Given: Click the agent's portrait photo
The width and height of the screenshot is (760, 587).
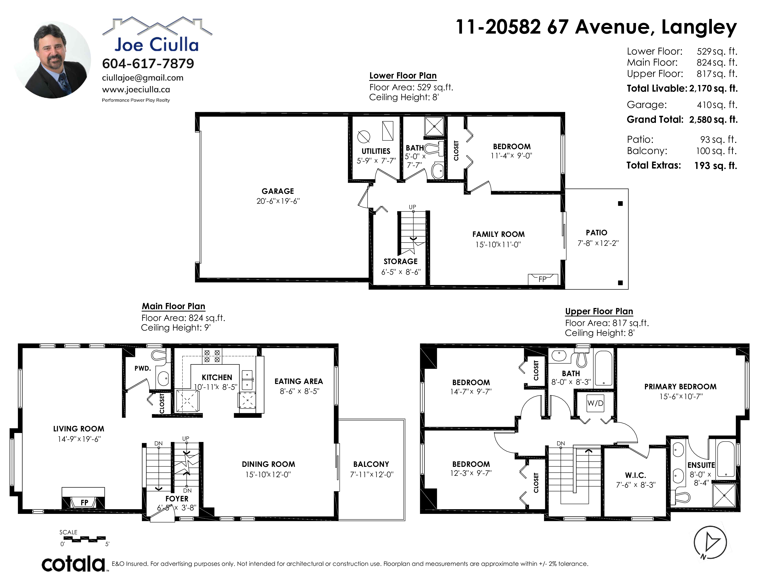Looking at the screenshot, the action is (x=52, y=60).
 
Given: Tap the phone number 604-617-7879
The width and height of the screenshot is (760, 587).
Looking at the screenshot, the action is (x=148, y=64).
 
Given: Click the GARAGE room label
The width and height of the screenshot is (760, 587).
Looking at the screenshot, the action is (x=278, y=191).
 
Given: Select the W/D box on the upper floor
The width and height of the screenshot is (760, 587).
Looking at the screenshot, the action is (x=595, y=403).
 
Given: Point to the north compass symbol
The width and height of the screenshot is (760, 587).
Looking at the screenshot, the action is (x=710, y=543).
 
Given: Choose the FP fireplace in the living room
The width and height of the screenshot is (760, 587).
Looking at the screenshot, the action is (x=84, y=498).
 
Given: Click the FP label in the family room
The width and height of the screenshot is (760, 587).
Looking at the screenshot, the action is (x=542, y=279).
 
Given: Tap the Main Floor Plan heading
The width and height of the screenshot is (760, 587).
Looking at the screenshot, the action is (x=173, y=306).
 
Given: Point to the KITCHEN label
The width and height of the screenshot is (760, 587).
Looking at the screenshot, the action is (x=217, y=377).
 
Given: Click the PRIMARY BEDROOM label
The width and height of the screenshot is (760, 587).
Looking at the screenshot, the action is (x=680, y=387).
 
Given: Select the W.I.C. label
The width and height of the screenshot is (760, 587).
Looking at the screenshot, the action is (x=635, y=475).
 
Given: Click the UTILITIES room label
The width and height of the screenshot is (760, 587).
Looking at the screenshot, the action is (x=376, y=151).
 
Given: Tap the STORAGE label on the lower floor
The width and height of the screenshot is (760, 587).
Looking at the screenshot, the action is (x=400, y=262).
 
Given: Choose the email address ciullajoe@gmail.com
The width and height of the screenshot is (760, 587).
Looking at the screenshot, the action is (x=143, y=78).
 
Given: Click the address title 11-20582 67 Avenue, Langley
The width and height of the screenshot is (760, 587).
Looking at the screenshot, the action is (x=596, y=27).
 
